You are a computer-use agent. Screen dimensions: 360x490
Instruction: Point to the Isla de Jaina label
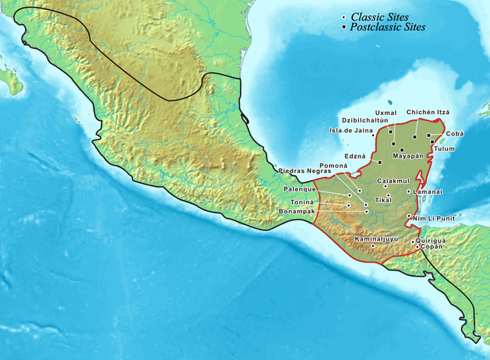point(349,130)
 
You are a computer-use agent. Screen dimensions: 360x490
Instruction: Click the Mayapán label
point(407,155)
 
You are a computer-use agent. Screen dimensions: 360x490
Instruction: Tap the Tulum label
point(444,148)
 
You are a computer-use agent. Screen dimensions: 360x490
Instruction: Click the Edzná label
point(358,155)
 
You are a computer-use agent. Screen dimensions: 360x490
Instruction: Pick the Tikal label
point(382,200)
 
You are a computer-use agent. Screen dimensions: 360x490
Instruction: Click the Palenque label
point(300,189)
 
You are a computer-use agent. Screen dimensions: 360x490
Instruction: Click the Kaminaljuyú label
point(377,239)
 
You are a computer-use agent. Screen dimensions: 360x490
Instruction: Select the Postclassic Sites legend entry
point(387,28)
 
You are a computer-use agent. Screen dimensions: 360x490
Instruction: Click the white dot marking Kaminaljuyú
point(372,246)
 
